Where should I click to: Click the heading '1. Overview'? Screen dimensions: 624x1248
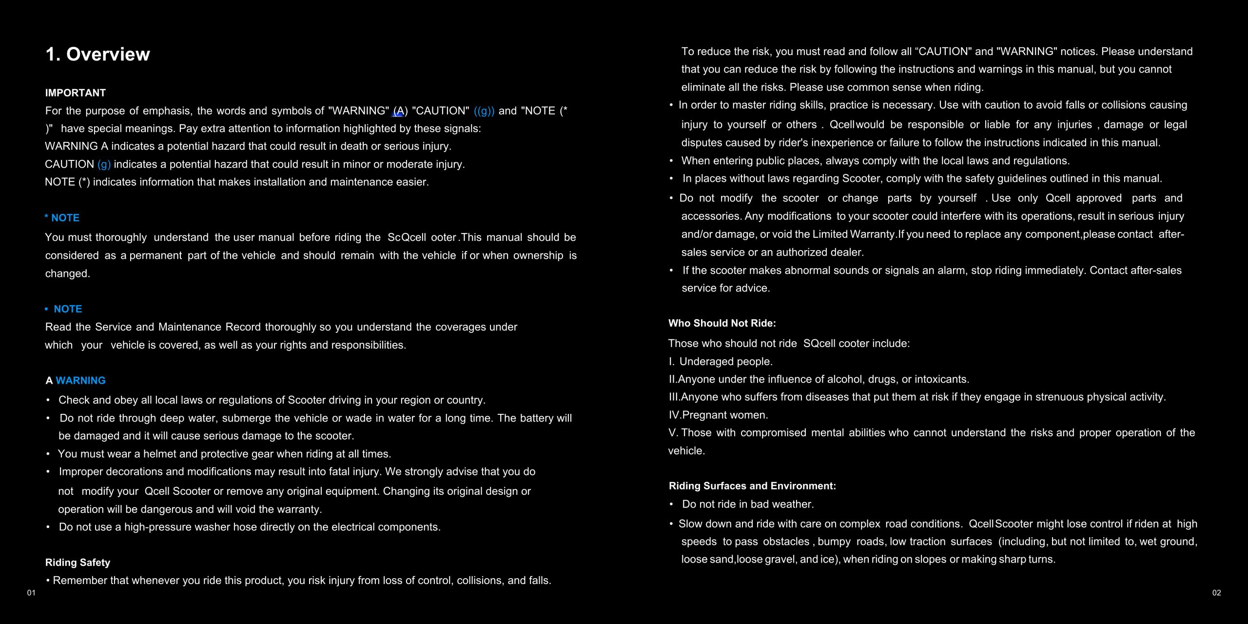point(97,54)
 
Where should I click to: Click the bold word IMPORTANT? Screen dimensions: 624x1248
point(76,93)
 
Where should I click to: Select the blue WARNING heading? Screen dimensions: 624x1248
point(80,380)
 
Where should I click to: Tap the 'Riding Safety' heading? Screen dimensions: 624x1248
point(78,563)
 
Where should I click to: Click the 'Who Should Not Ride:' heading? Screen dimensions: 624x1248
point(722,323)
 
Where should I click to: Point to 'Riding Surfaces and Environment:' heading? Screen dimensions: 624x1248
point(752,486)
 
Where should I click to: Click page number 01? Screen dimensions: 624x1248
point(31,593)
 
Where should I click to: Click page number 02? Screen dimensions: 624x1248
point(1217,593)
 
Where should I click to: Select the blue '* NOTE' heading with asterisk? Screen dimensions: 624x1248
point(62,218)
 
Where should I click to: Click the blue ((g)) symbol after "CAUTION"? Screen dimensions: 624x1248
point(484,111)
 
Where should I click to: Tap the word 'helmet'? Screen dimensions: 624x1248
point(159,454)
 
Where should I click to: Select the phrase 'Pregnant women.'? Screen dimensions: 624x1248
point(725,415)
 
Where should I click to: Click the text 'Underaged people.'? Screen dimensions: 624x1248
point(726,361)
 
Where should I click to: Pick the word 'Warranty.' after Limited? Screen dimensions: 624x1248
point(873,234)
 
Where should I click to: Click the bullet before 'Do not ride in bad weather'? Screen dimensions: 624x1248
point(672,504)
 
